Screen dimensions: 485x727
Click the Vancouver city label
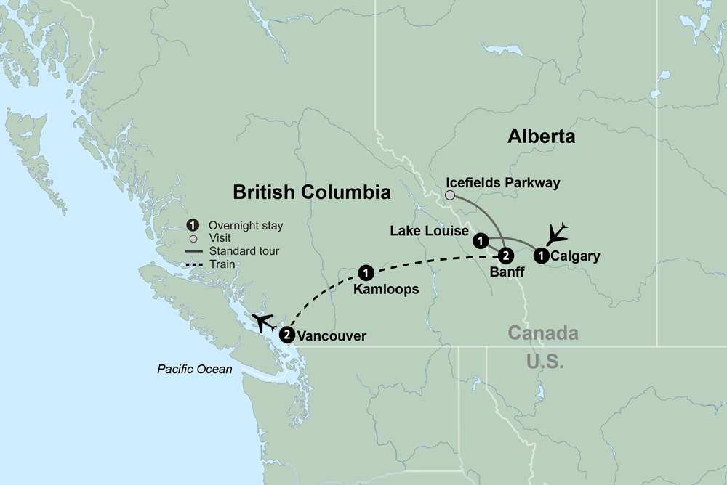(332, 336)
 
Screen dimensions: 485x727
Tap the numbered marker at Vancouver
(287, 335)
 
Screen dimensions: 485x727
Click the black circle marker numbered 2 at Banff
(507, 256)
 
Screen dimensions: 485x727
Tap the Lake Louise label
(429, 232)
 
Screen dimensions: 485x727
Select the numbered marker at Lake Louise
(480, 240)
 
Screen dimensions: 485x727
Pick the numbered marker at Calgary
(541, 256)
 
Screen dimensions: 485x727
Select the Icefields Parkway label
(504, 184)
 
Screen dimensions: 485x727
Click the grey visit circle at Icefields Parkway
(451, 195)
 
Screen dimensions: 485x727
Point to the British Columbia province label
(312, 192)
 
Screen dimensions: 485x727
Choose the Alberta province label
(542, 136)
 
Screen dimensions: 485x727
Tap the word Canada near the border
(543, 334)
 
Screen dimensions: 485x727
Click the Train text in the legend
(222, 265)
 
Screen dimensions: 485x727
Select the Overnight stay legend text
(246, 227)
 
